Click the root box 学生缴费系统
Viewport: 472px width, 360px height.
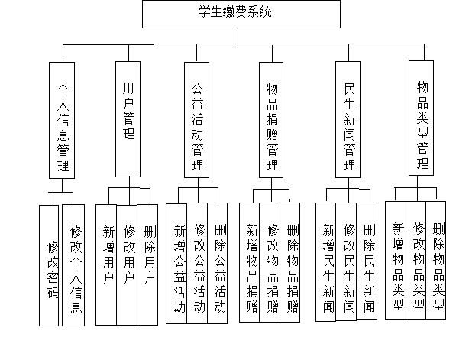(x=241, y=15)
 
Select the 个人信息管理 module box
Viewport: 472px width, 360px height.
(x=62, y=120)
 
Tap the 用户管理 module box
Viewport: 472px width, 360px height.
(x=128, y=119)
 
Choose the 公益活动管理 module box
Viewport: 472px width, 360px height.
(x=196, y=120)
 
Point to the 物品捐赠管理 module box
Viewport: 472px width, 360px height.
(x=271, y=120)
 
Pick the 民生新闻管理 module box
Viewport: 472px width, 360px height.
(x=348, y=119)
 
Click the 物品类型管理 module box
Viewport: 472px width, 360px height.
(x=421, y=118)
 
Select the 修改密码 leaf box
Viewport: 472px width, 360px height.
(x=49, y=265)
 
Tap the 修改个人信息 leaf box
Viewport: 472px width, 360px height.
(x=73, y=265)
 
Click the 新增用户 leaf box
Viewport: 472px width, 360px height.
(x=106, y=264)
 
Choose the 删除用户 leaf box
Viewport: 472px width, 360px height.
(x=147, y=264)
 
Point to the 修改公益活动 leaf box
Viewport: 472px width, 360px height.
(x=197, y=263)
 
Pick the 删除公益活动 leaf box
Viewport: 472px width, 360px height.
(x=218, y=263)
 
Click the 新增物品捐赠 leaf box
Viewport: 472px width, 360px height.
(x=250, y=262)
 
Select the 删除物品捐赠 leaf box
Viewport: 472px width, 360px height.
(x=290, y=262)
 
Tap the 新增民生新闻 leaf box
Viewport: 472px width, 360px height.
(x=326, y=262)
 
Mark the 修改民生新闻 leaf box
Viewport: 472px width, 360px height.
(x=347, y=261)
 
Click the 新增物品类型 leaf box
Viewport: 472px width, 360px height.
(x=396, y=261)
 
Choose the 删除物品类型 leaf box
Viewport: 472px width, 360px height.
(x=436, y=261)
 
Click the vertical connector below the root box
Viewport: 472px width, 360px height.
(x=238, y=36)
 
